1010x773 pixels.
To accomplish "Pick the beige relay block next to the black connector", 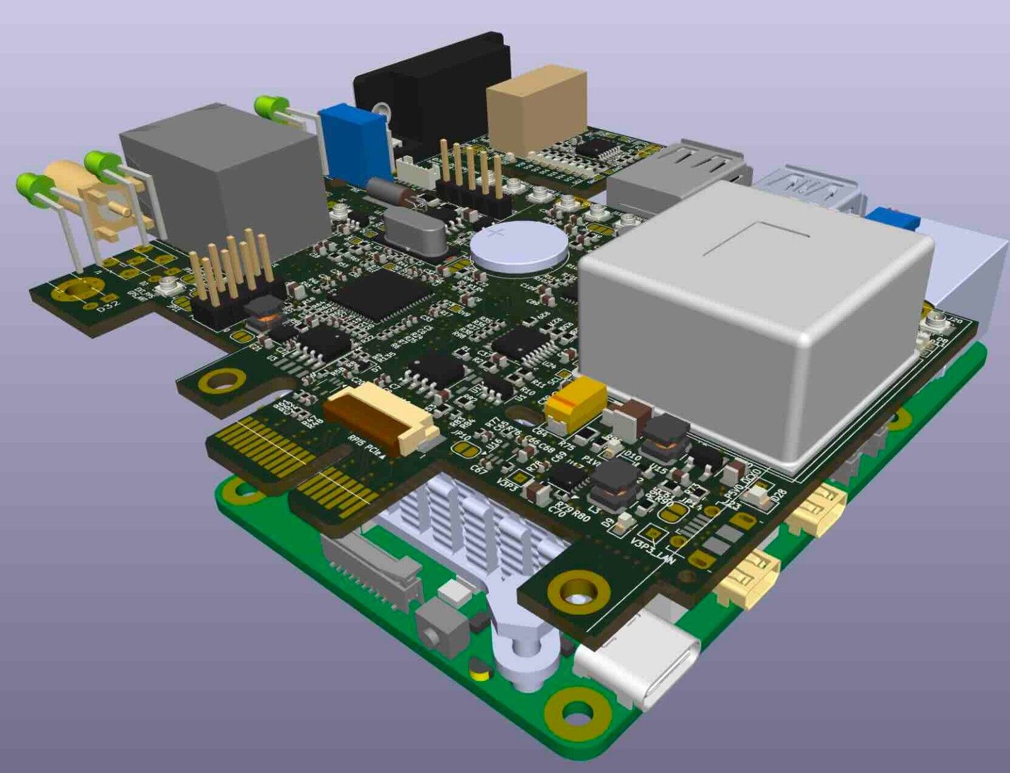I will click(x=537, y=114).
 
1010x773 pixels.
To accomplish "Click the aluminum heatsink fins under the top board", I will click(x=467, y=524).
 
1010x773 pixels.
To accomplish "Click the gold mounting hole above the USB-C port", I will click(x=578, y=590).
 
